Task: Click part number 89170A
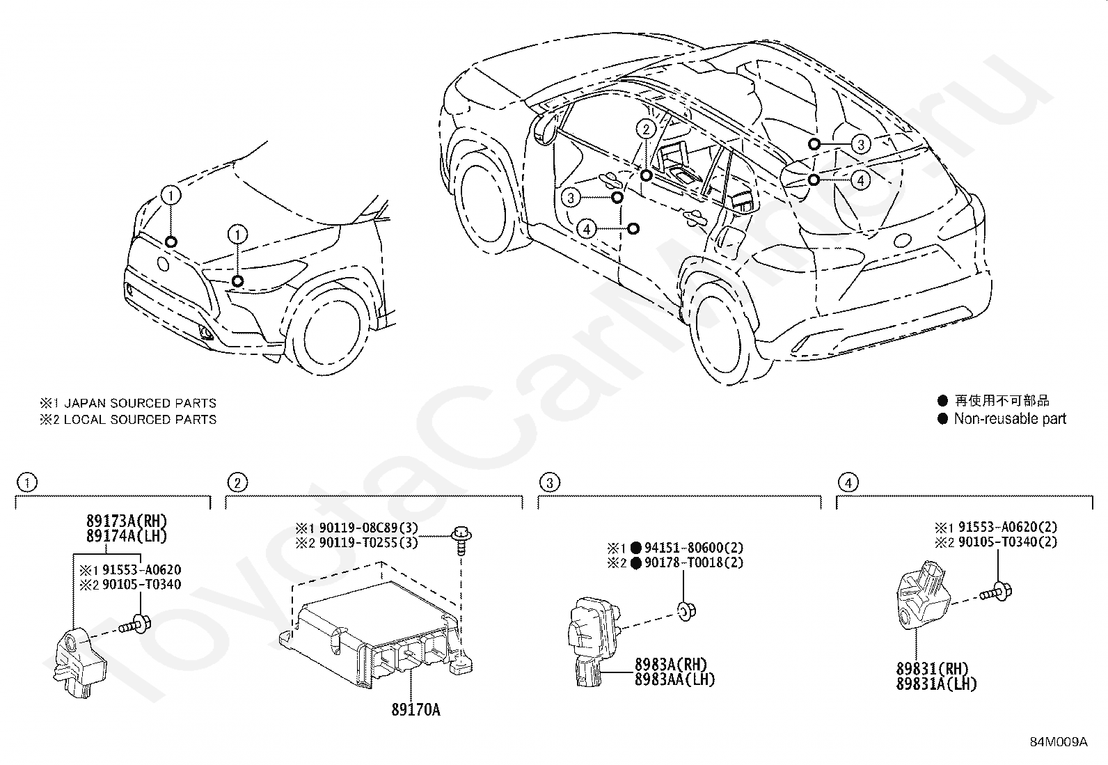tap(415, 709)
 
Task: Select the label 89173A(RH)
tap(127, 521)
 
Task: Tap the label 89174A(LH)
tap(127, 536)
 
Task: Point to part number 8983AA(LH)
tap(674, 680)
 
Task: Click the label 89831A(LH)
tap(936, 684)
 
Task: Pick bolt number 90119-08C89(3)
tap(368, 528)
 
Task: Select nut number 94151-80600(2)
tap(693, 548)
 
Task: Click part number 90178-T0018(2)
tap(693, 562)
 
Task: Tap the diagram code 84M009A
tap(1059, 742)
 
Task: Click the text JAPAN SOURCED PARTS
tap(141, 403)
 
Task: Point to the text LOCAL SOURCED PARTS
tap(141, 420)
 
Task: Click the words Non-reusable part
tap(1010, 418)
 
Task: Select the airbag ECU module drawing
tap(376, 638)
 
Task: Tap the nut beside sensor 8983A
tap(686, 612)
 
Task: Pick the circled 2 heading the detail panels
tap(237, 482)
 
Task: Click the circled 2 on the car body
tap(646, 129)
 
